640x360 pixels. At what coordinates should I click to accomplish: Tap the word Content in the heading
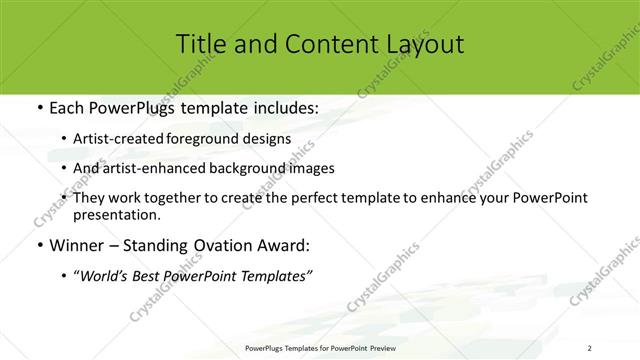click(320, 44)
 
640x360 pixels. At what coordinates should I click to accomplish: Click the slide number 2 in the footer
click(591, 348)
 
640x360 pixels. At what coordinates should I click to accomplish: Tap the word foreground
click(220, 140)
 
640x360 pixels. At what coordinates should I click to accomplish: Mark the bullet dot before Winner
click(38, 245)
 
